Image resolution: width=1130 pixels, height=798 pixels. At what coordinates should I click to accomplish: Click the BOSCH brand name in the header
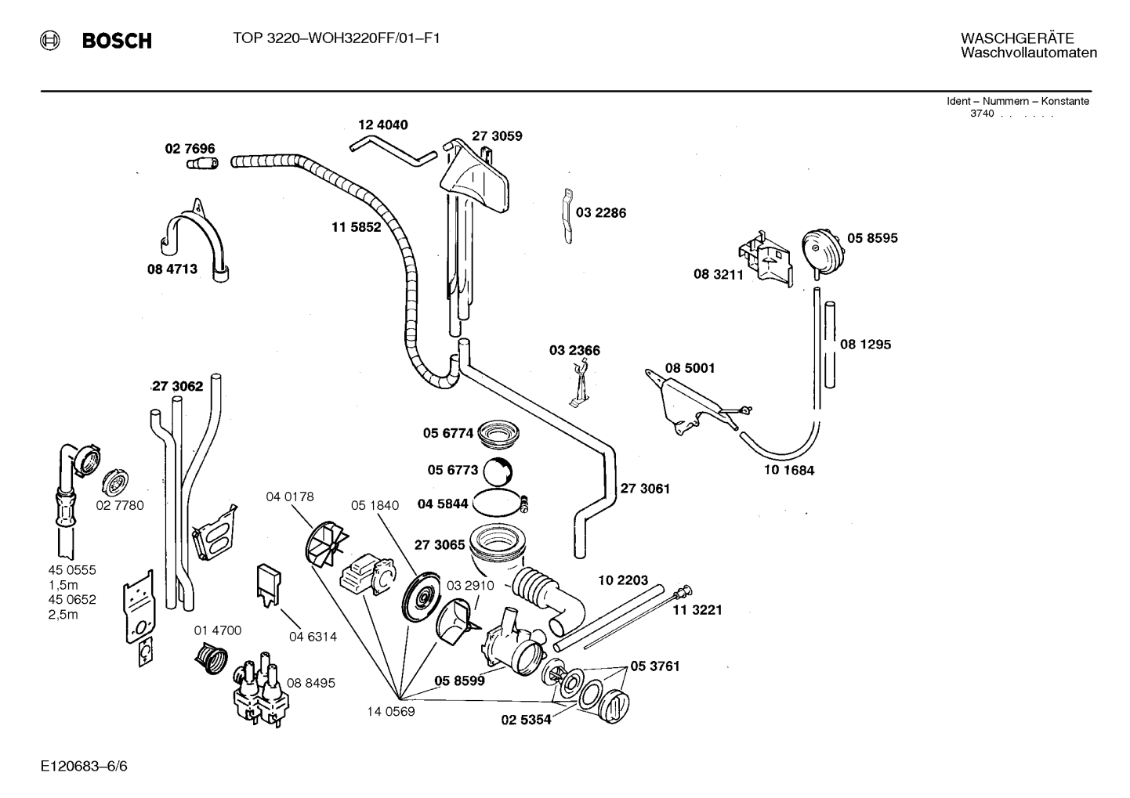click(117, 40)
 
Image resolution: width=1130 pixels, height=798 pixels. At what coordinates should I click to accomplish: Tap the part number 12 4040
click(383, 125)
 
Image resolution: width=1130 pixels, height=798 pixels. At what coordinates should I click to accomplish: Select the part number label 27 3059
click(497, 136)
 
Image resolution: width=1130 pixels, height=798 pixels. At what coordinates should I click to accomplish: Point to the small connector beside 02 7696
click(202, 164)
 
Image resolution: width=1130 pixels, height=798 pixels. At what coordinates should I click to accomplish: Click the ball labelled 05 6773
click(498, 471)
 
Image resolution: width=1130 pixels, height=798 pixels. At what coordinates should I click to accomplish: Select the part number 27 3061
click(645, 489)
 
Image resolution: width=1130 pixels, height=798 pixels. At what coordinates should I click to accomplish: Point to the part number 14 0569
click(390, 711)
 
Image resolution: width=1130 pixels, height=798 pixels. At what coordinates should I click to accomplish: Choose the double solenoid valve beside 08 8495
click(261, 690)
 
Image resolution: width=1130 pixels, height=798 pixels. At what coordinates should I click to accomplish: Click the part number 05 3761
click(655, 666)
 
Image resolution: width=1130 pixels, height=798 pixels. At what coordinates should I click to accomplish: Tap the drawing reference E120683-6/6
click(85, 766)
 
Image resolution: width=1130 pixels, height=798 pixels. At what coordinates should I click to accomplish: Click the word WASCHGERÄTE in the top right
click(1017, 38)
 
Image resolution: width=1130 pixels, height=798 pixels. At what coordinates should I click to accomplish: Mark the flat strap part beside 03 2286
click(567, 216)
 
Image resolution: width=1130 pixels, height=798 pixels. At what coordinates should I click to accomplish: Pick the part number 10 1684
click(789, 471)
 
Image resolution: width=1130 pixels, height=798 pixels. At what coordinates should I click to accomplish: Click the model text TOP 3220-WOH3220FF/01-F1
click(336, 38)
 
